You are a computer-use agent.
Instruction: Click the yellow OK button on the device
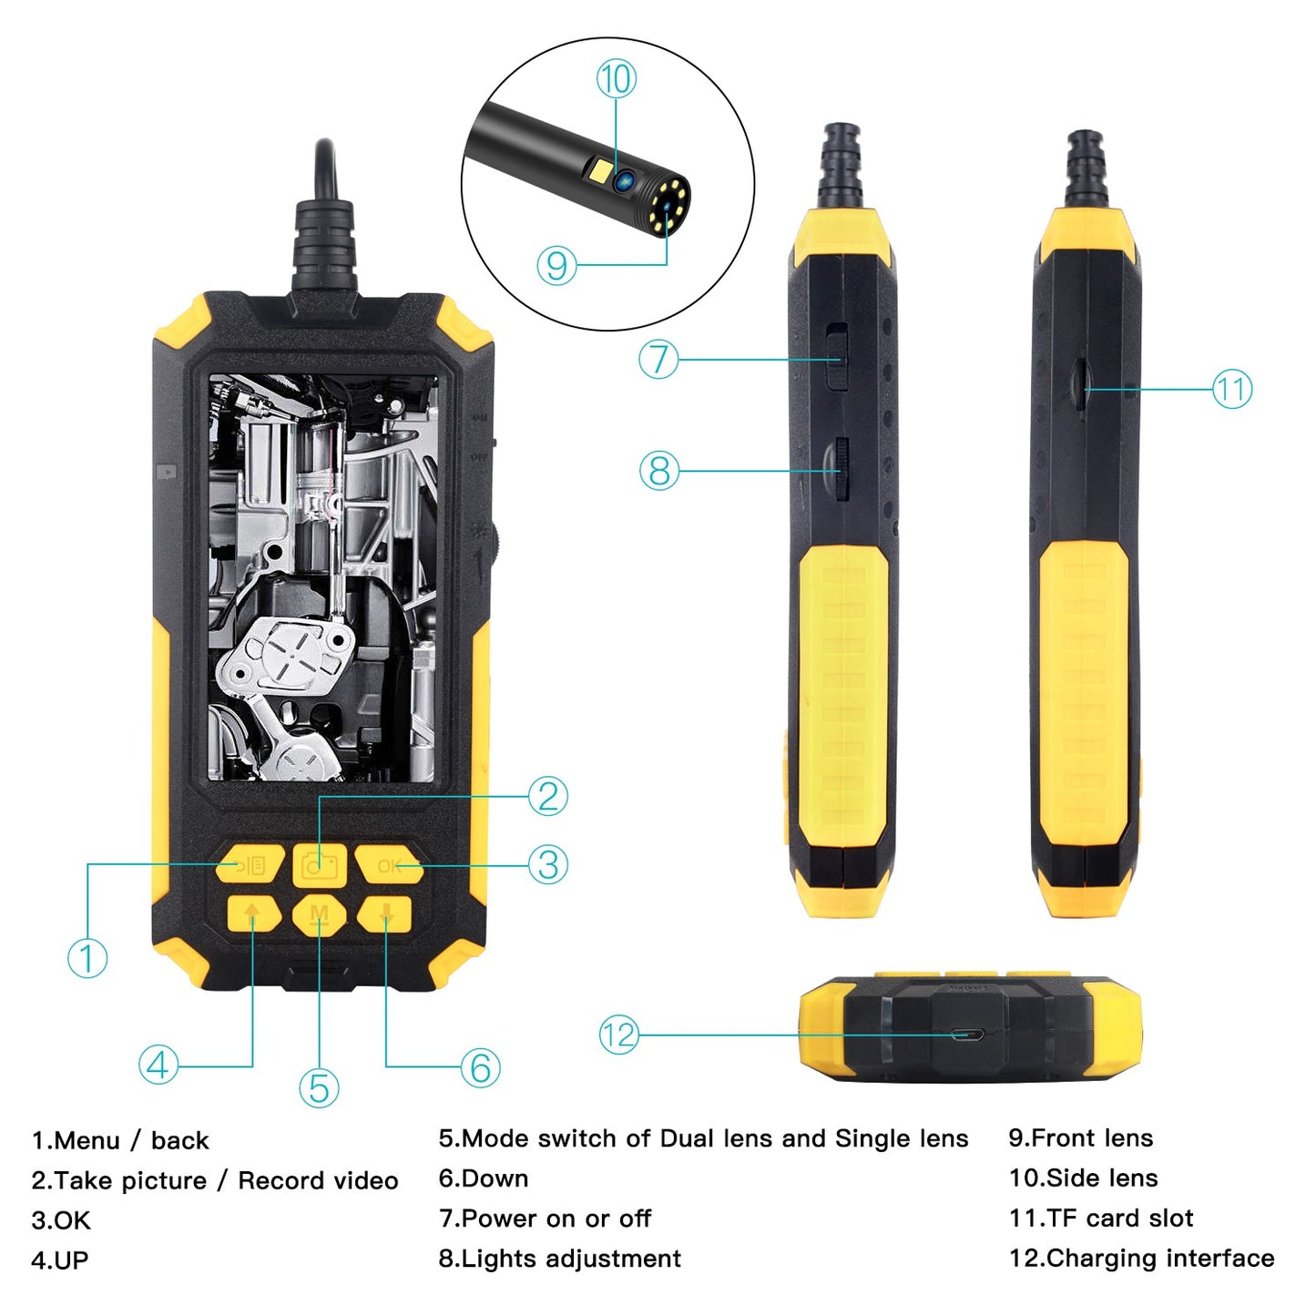point(388,865)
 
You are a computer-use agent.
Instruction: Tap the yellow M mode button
point(320,914)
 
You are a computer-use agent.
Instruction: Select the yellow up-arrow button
point(252,914)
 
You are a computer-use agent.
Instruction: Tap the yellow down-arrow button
point(386,914)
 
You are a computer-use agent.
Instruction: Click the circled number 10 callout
point(616,79)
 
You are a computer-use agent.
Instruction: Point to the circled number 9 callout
point(556,265)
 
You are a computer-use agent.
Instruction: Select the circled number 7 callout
point(659,359)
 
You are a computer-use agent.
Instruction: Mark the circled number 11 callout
point(1231,390)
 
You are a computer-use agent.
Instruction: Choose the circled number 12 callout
point(619,1035)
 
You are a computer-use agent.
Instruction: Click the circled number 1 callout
point(87,958)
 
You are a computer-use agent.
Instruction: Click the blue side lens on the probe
point(624,180)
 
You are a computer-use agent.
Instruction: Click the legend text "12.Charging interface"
point(1141,1258)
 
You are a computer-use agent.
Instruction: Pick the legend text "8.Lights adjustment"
point(559,1258)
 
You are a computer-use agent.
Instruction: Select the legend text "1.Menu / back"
point(120,1140)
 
